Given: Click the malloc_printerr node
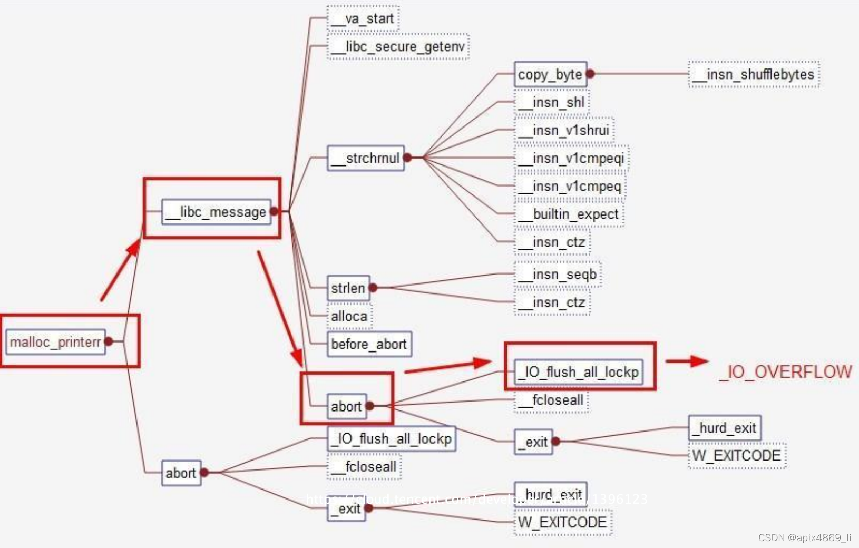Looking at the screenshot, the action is tap(55, 342).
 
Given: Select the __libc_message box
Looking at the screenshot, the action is tap(216, 212).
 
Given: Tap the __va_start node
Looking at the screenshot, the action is tap(363, 19).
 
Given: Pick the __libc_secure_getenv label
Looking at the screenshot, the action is tap(398, 47).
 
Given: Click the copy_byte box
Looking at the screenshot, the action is tap(550, 74).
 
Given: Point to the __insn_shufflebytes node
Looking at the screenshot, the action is tap(754, 75).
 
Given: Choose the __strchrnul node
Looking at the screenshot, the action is tap(366, 158).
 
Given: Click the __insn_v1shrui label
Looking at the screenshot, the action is tap(564, 130).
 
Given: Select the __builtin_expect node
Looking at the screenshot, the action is tap(569, 214).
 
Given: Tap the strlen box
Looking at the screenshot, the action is tap(348, 288).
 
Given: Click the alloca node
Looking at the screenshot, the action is tap(349, 316).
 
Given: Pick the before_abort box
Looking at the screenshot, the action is tap(369, 344).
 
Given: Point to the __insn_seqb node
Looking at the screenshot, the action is tap(558, 275).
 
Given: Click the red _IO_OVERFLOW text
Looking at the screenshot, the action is tap(785, 372).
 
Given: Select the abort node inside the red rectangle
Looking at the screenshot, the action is tap(346, 406).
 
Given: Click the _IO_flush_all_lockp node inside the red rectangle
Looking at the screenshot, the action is tap(578, 372).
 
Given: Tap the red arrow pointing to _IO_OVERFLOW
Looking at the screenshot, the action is tap(687, 361).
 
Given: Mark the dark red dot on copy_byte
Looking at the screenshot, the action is tap(590, 74).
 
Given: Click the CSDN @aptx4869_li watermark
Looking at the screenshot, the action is tap(805, 538).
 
